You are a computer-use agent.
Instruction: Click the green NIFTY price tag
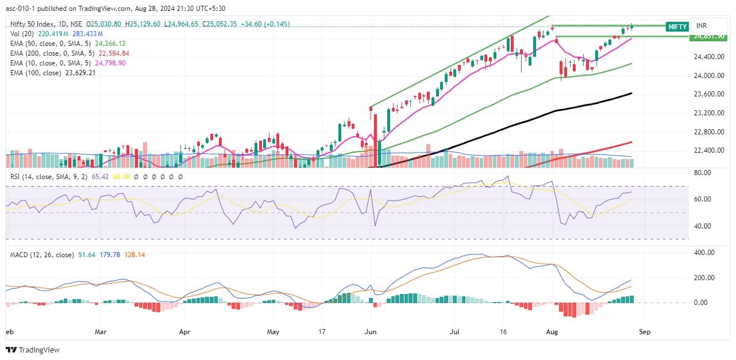[677, 26]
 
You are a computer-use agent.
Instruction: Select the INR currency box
[703, 26]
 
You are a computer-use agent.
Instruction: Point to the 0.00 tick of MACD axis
[706, 302]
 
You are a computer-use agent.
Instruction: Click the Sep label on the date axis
[644, 332]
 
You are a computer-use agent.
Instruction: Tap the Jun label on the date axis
[371, 332]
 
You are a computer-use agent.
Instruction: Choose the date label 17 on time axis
[322, 332]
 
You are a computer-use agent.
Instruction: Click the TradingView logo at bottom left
[33, 350]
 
